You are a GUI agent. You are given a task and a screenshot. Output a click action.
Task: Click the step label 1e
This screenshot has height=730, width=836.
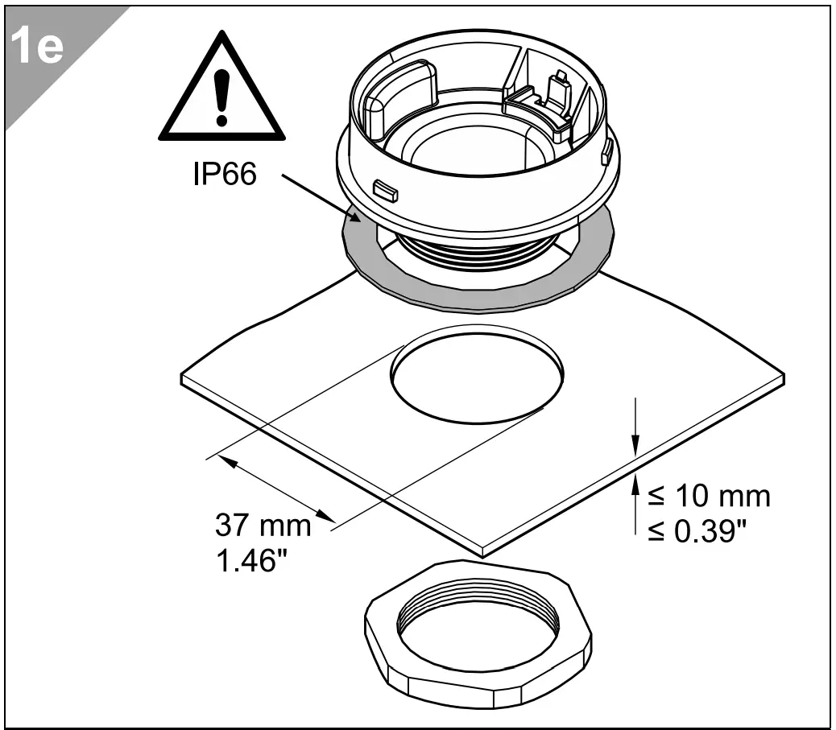point(39,48)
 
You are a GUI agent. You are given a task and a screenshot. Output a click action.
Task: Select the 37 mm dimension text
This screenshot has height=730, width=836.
point(263,526)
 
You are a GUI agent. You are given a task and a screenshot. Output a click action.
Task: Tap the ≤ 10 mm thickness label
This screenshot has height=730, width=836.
point(709,496)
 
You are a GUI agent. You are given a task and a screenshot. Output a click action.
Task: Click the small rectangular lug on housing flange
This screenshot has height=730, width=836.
point(386,191)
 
